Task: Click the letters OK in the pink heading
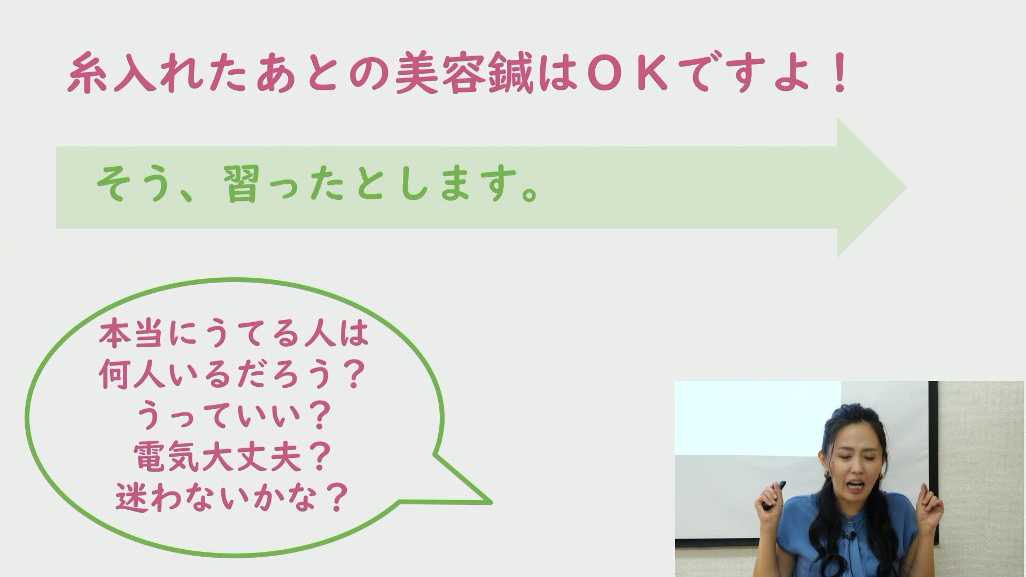pyautogui.click(x=626, y=74)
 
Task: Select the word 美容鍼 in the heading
pyautogui.click(x=464, y=74)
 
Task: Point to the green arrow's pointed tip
pyautogui.click(x=906, y=188)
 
